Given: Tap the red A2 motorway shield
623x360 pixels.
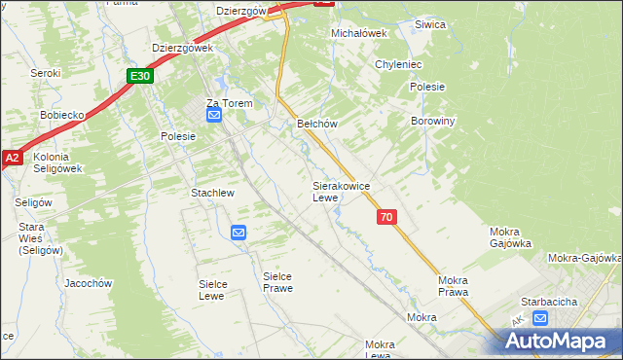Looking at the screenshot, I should (11, 157).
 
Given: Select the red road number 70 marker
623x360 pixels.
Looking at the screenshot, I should (386, 218).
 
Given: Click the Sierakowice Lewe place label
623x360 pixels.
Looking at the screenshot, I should (339, 191).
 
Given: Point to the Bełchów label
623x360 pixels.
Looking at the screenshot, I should (316, 124).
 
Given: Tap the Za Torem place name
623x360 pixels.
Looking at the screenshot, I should (228, 103).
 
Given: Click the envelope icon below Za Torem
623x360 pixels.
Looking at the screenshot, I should (214, 116).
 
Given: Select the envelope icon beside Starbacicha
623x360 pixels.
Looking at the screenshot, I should (540, 317).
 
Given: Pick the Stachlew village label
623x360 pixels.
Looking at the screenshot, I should (212, 193).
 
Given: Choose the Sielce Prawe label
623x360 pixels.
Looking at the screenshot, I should (277, 282).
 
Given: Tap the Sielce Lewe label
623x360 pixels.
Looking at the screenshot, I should (218, 289).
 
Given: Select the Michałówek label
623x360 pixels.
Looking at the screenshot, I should (359, 32).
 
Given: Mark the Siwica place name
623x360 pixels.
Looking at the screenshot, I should (429, 24).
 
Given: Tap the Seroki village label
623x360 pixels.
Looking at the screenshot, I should (45, 73).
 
